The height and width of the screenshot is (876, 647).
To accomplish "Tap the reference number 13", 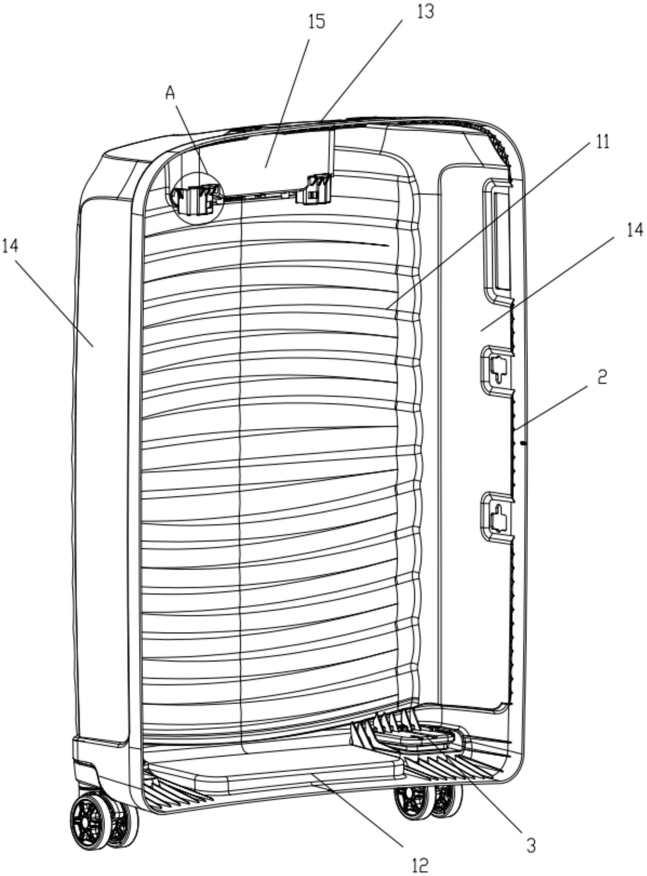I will [x=426, y=12].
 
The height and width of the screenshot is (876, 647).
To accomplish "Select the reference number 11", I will [x=602, y=142].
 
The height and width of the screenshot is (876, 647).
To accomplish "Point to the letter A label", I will [x=170, y=93].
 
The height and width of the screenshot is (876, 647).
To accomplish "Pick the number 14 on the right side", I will [x=635, y=231].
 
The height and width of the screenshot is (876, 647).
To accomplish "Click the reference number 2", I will [x=602, y=377].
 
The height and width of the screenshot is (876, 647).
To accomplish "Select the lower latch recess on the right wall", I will [x=496, y=517].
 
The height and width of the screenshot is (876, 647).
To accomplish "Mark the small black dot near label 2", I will [x=523, y=443].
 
